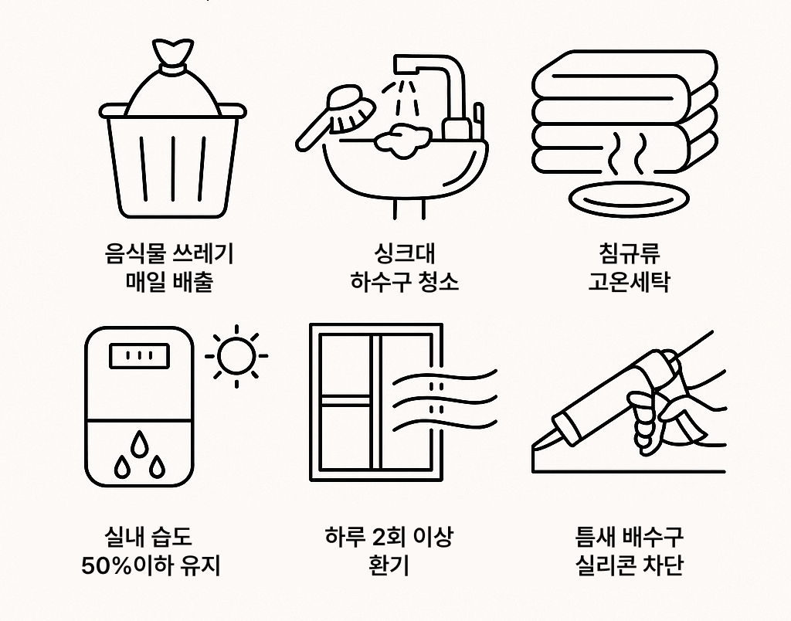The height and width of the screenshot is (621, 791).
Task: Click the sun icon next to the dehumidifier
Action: tap(236, 356)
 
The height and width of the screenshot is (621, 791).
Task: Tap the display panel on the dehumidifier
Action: tap(139, 358)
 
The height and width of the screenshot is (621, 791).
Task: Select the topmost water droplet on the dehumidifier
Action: tap(139, 443)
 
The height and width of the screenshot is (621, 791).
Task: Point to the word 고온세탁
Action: tap(628, 281)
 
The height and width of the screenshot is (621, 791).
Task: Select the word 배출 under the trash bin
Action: tap(195, 281)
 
